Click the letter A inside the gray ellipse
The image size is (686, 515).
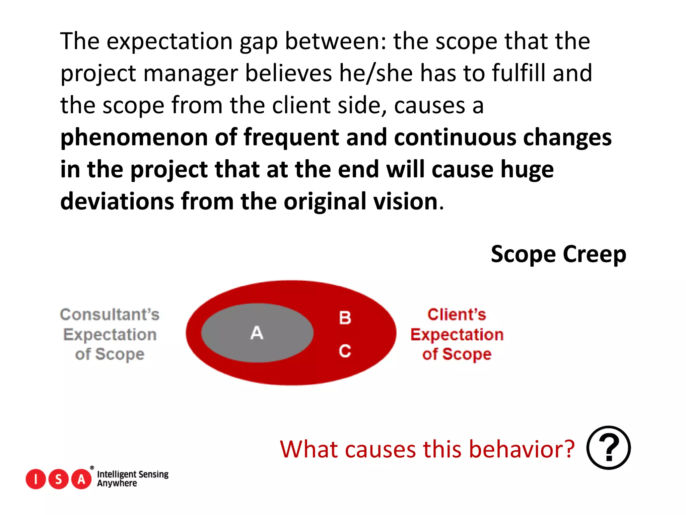257,333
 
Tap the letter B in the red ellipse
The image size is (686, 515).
345,318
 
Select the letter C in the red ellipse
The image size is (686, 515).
345,351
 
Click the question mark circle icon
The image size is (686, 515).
608,448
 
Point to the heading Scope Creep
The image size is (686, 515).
558,254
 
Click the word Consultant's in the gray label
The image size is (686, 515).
110,314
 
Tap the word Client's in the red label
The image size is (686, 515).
457,314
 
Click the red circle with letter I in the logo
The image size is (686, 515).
36,479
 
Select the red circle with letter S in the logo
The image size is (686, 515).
59,479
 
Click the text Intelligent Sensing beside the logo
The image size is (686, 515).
133,474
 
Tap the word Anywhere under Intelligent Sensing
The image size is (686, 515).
117,483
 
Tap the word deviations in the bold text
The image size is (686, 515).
117,202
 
